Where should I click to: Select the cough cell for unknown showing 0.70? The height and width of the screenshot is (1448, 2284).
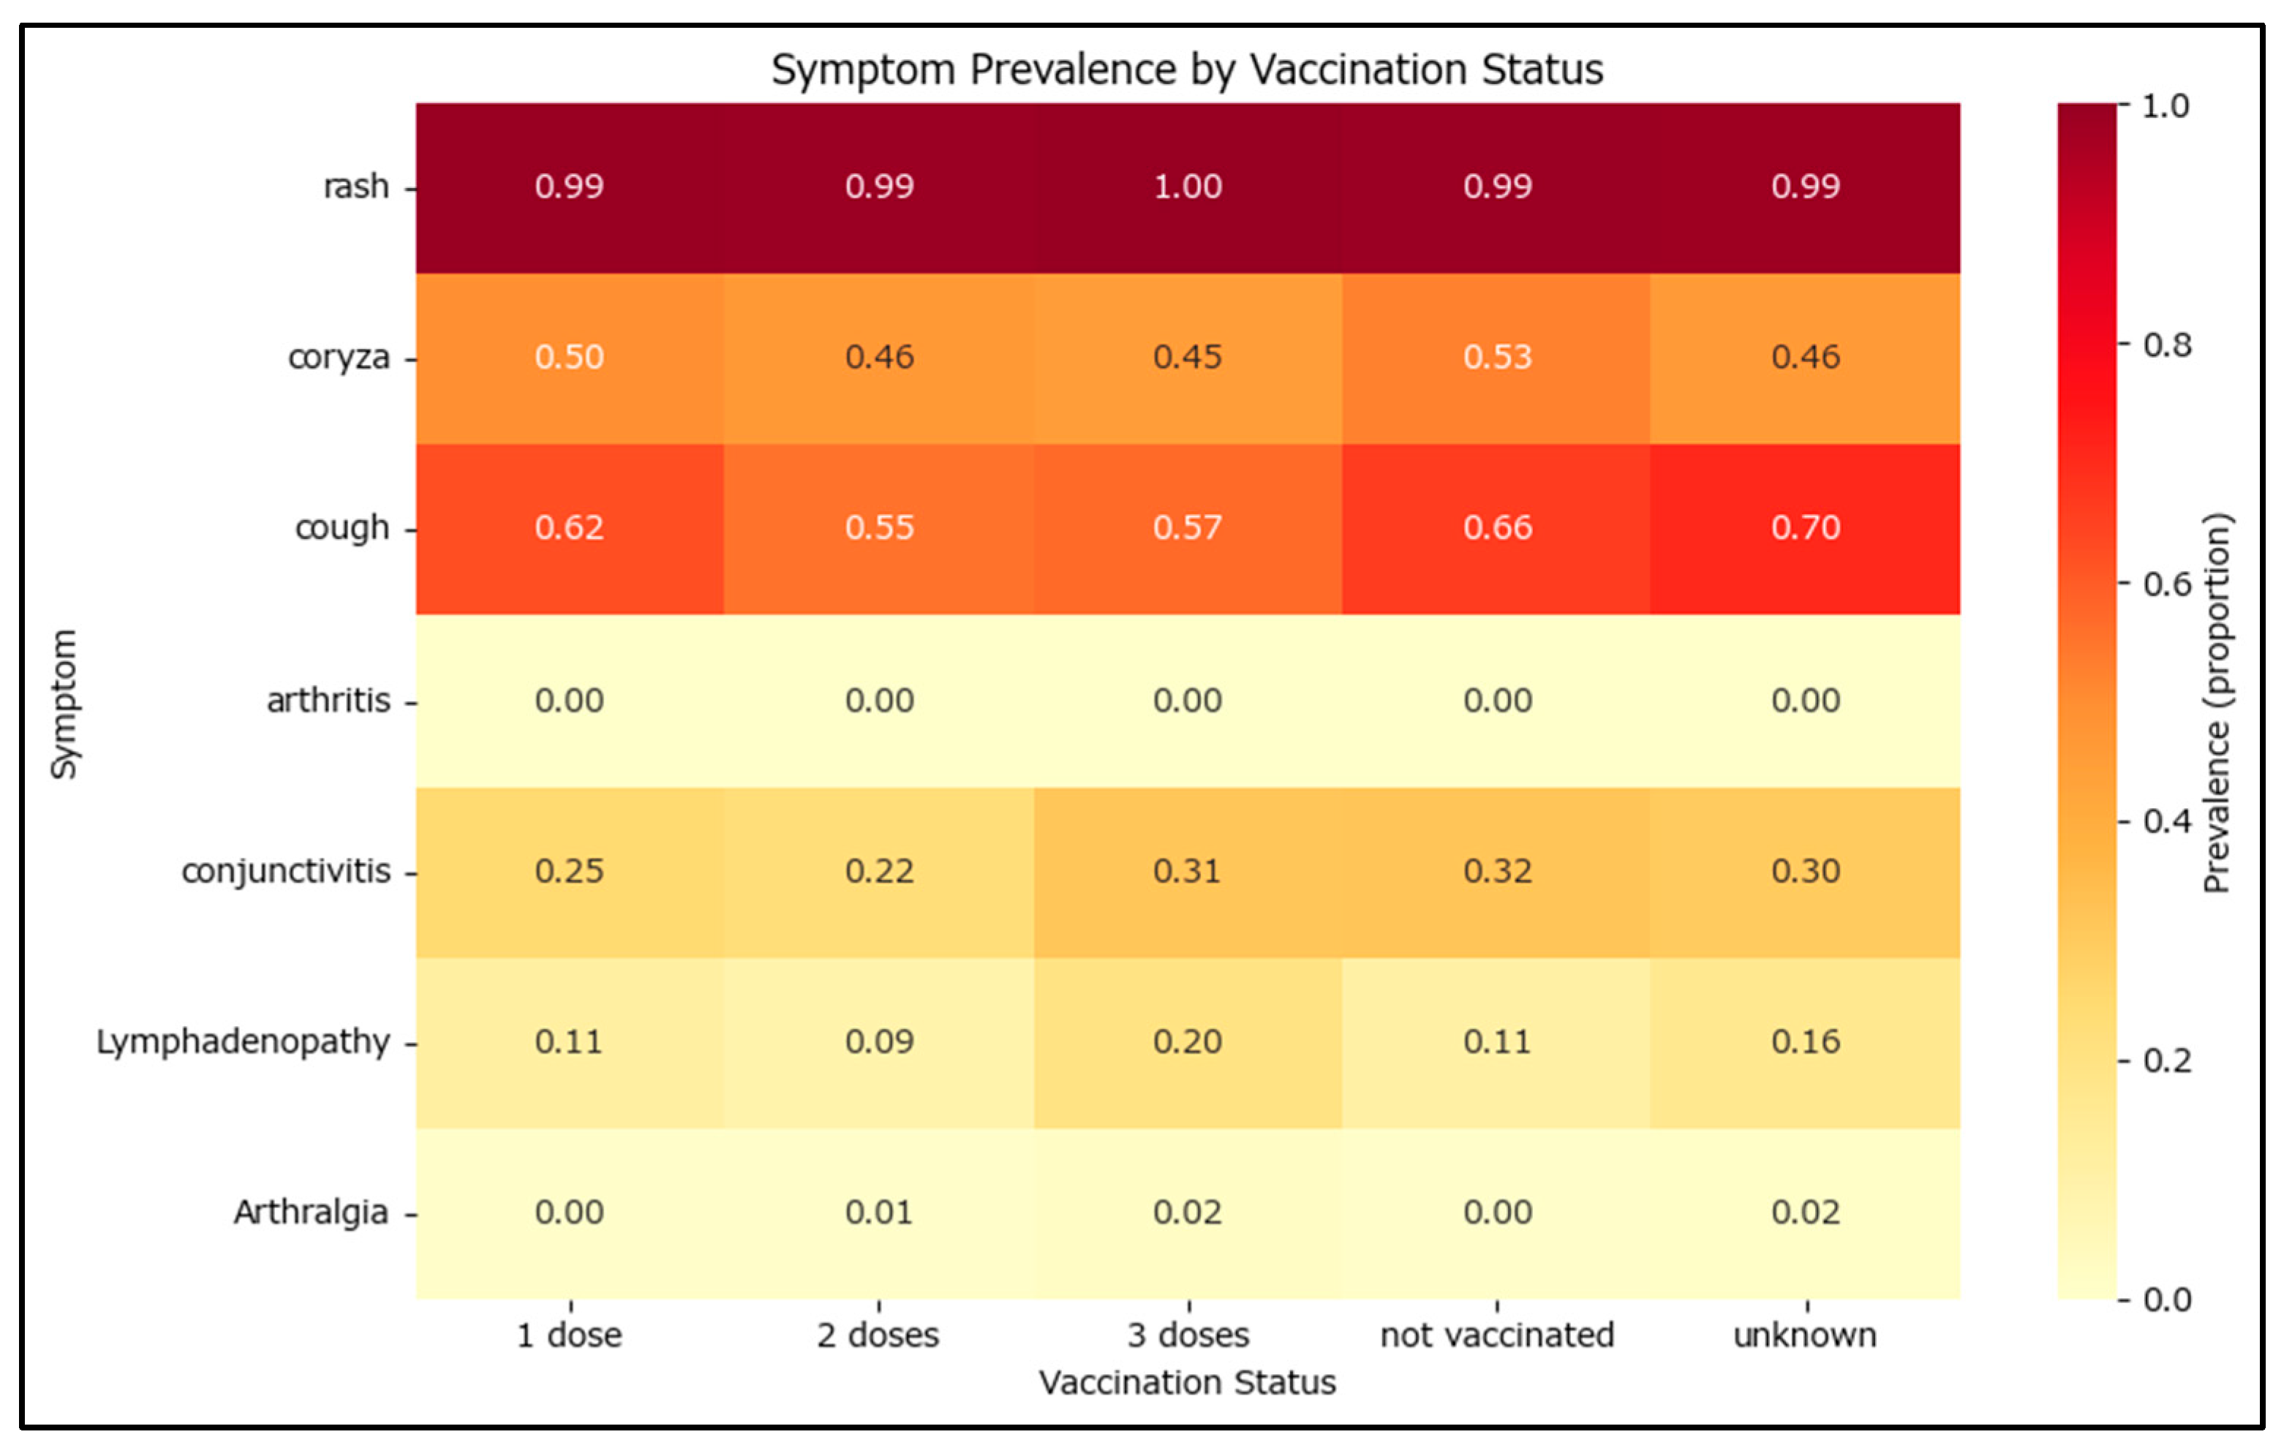coord(1805,528)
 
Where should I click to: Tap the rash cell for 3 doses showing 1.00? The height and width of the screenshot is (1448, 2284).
coord(1188,186)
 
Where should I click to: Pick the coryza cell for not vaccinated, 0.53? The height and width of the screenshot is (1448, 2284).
coord(1497,358)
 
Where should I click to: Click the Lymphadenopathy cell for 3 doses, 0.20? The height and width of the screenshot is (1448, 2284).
coord(1188,1042)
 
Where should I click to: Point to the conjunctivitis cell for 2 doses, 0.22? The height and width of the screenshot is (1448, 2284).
coord(879,872)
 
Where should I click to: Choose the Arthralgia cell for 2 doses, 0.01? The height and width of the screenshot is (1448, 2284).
coord(879,1213)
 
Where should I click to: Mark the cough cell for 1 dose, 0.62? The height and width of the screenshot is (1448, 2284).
coord(569,528)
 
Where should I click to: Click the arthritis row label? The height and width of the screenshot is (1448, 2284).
coord(328,701)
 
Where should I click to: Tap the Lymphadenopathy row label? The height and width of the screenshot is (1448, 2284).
coord(243,1042)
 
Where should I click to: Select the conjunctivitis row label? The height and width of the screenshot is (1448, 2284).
coord(285,872)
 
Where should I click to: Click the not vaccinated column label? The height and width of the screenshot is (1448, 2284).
coord(1497,1335)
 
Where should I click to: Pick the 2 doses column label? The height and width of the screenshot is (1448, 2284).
coord(878,1335)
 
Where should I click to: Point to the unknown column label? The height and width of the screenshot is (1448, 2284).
coord(1805,1335)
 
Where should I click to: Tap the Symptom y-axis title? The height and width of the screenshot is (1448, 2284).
coord(64,704)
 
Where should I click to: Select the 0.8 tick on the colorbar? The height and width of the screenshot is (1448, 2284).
coord(2166,345)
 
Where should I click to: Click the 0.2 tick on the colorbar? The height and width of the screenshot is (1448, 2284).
coord(2166,1060)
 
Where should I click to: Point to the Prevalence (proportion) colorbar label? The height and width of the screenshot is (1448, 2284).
coord(2217,703)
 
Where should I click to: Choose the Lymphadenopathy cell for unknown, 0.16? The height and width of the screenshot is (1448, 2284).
coord(1805,1042)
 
